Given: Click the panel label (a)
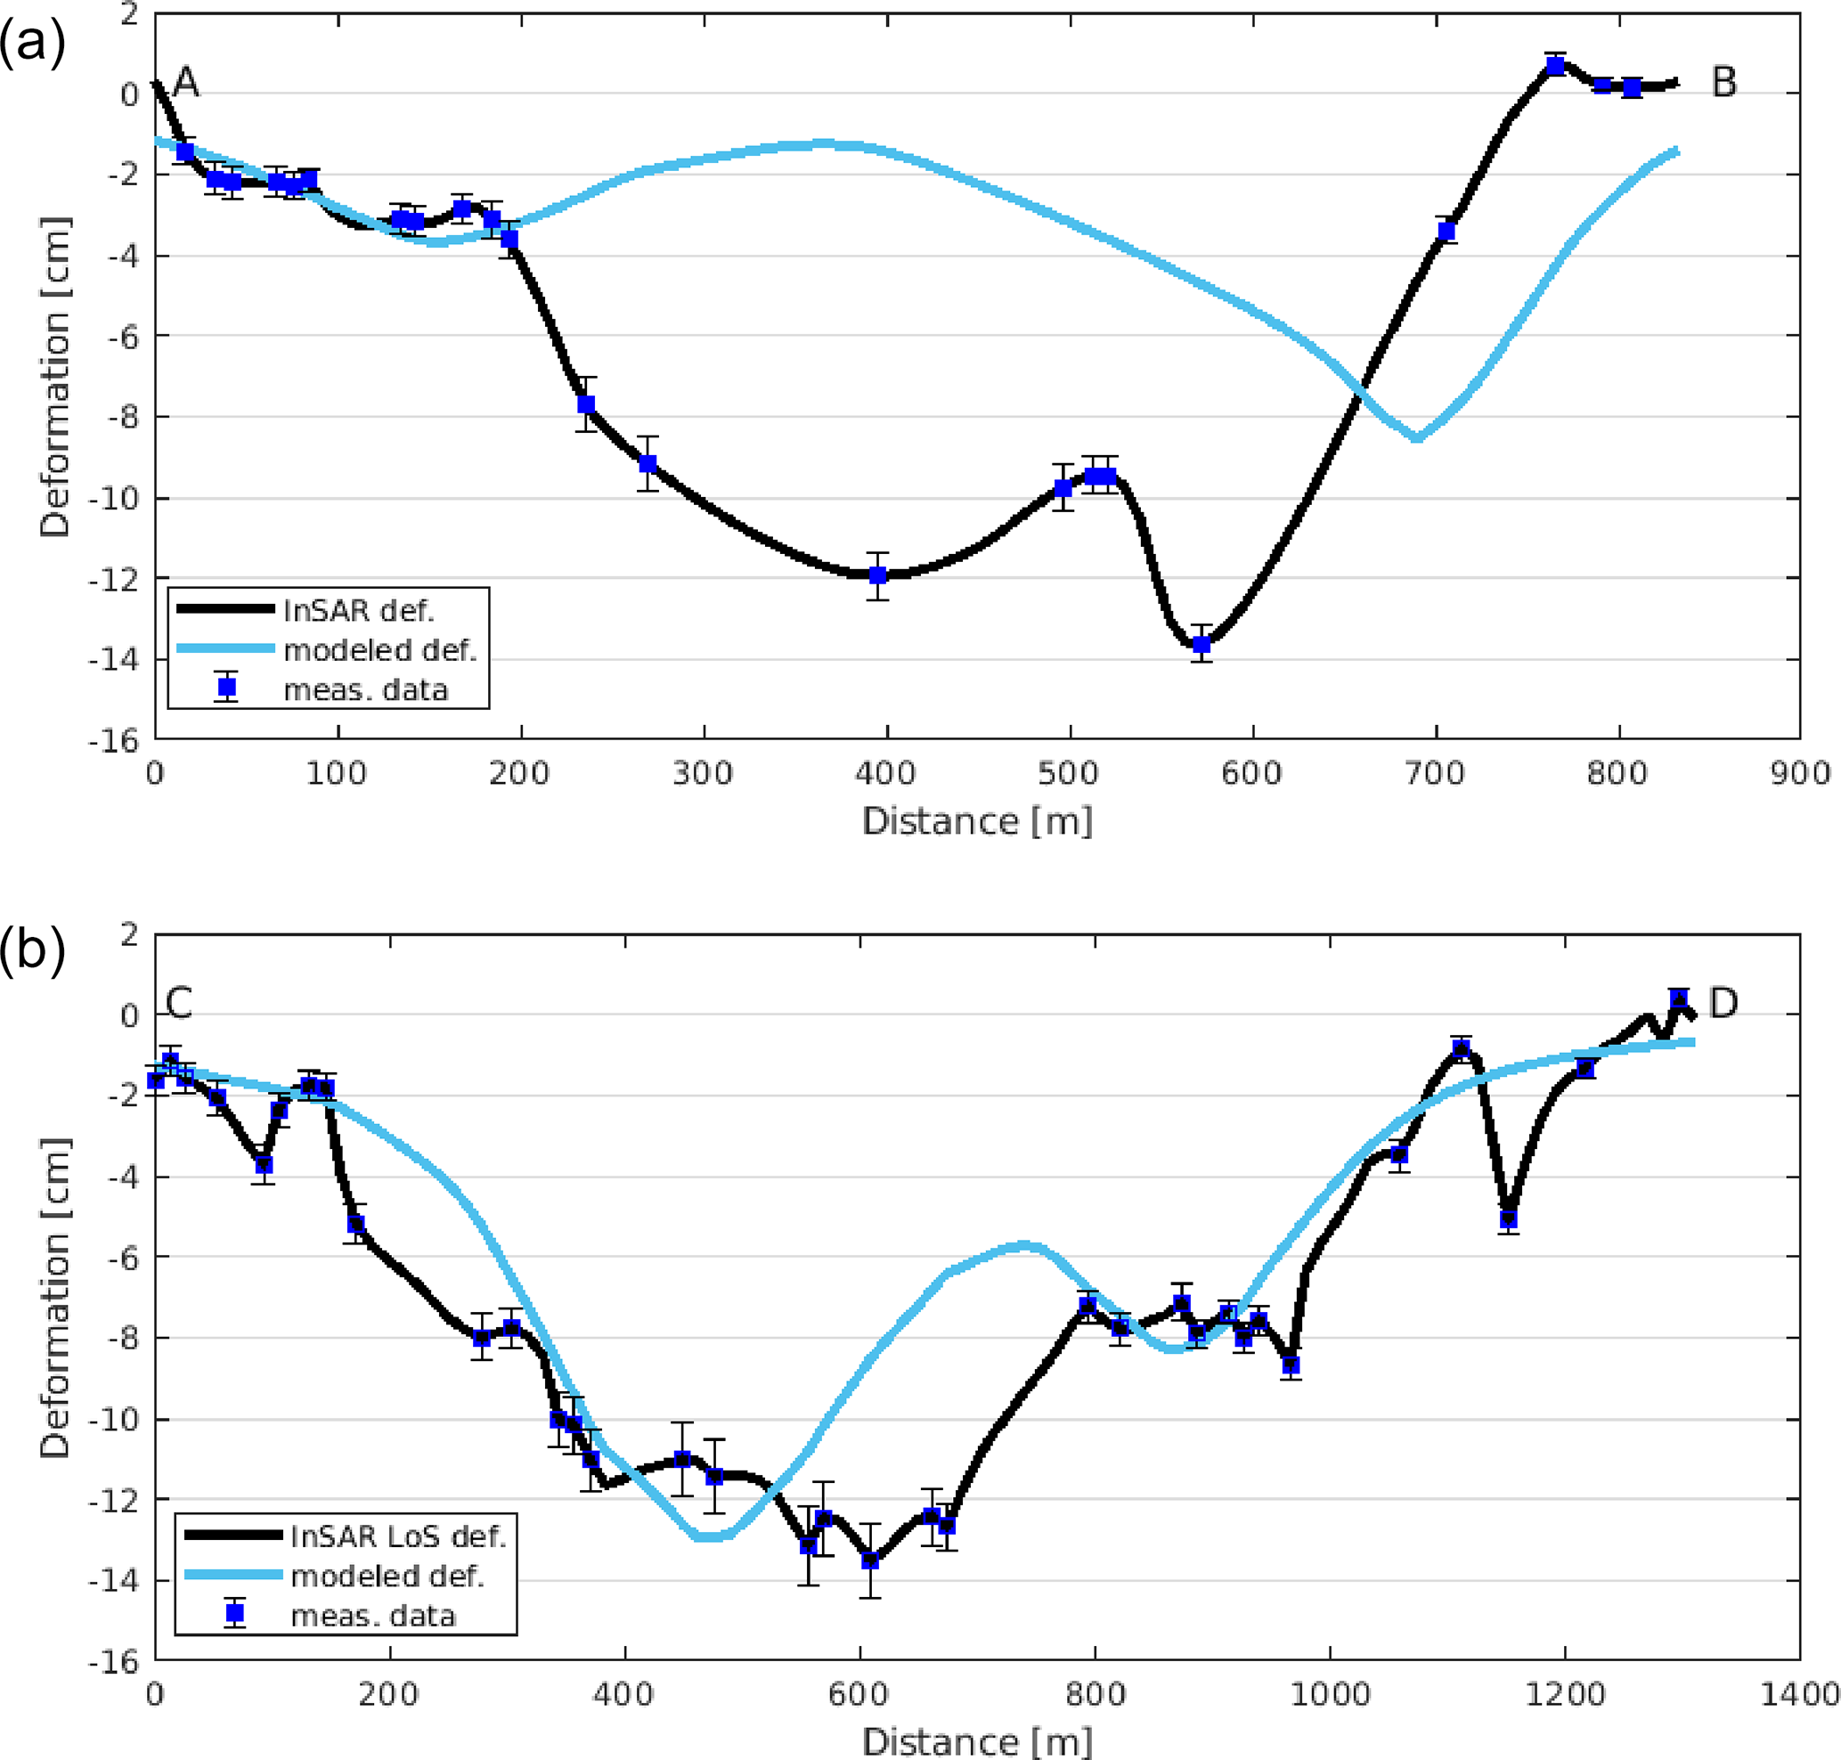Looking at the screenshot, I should (32, 43).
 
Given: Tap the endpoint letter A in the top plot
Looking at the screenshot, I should (186, 83).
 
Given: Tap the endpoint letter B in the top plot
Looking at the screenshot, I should (1723, 83).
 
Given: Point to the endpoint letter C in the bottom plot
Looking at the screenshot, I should (178, 1003).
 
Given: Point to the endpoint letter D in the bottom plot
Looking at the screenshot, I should (1723, 1003).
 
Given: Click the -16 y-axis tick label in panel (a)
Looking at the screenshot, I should (112, 741).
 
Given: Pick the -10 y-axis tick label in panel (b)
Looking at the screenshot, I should (112, 1420).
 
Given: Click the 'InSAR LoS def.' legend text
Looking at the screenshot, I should (398, 1536).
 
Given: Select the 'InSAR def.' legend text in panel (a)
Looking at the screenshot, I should (358, 611).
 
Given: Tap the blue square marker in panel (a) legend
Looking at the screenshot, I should (226, 688).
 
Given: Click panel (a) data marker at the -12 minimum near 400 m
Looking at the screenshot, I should (877, 575).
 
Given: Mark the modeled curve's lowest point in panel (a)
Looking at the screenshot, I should (1417, 437).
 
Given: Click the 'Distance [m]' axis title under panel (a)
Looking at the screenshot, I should (977, 821).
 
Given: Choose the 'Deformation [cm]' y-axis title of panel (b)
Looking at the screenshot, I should (54, 1299).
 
